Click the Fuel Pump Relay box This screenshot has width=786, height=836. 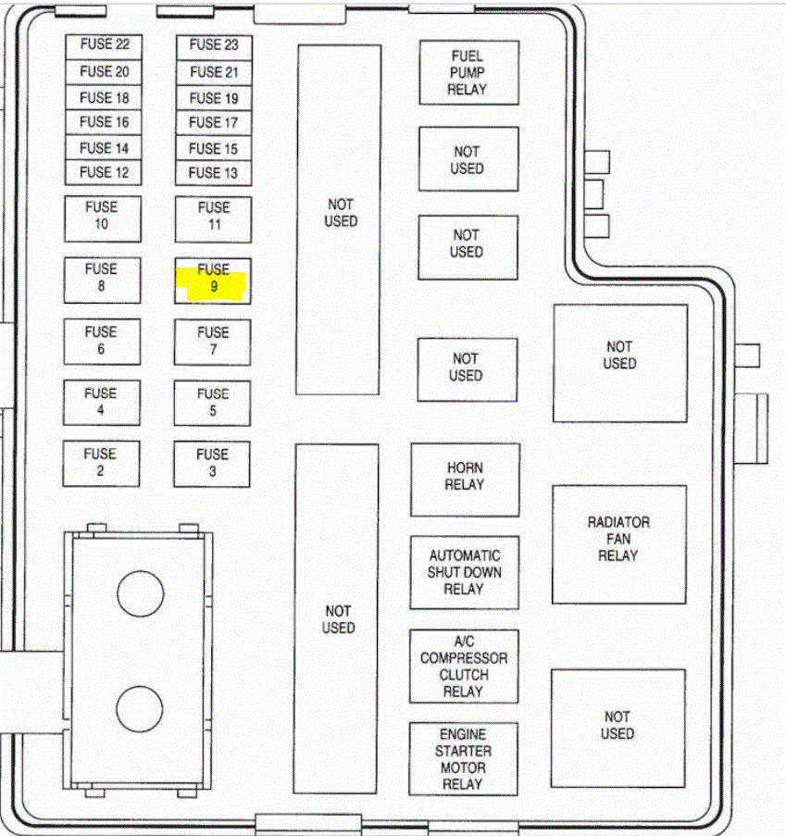468,73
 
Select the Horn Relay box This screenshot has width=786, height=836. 465,478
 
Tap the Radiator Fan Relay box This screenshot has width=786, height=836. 618,540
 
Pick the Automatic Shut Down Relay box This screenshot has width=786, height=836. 465,572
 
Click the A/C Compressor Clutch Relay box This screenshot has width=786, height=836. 464,667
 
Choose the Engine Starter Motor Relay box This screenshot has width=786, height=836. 464,759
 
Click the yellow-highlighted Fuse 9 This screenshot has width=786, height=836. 213,280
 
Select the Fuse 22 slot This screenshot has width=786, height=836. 104,44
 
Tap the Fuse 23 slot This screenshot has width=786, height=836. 214,44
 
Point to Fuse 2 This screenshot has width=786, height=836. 100,463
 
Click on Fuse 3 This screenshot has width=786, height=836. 212,463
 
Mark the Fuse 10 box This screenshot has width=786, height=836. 102,217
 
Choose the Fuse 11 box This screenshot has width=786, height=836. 214,217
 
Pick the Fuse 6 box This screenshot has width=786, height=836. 101,341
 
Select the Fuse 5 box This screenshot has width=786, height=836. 213,402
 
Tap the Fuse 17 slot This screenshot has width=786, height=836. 214,122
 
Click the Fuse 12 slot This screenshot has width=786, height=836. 104,172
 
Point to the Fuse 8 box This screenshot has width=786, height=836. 102,278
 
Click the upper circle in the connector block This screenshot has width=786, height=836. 141,593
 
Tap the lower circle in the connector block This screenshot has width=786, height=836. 141,708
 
